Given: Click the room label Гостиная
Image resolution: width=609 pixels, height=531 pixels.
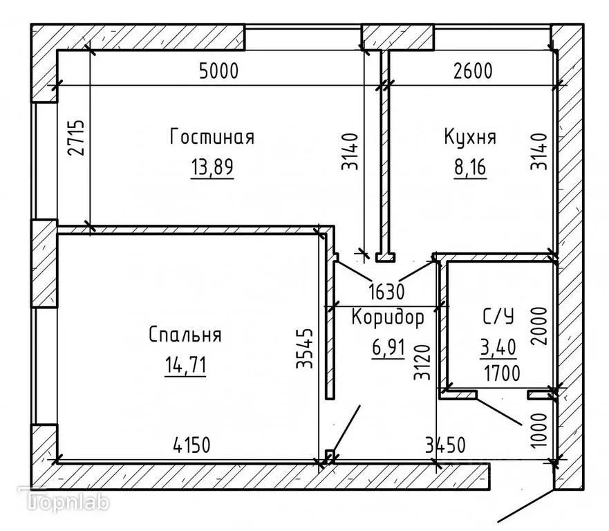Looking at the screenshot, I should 212,137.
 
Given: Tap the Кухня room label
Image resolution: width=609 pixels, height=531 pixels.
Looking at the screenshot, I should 469,137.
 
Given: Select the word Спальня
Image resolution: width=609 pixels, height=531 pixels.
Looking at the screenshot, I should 185,335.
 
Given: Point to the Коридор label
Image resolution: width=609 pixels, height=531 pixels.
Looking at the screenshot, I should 387,318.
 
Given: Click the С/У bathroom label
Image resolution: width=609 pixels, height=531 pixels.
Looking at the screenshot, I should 498,317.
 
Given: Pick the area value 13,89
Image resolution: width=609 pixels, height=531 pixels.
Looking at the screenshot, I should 212,168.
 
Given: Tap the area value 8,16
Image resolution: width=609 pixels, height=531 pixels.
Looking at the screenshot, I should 470,168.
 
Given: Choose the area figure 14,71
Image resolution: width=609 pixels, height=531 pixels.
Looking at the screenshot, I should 185,365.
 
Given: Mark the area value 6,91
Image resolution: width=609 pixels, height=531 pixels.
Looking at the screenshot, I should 387,347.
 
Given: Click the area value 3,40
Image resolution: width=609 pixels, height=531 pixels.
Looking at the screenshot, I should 498,347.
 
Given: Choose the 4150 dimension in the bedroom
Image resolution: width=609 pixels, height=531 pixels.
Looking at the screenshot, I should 187,443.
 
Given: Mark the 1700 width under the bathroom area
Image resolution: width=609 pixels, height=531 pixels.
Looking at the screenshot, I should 501,373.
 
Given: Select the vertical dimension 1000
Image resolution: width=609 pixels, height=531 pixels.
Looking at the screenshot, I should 540,431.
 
